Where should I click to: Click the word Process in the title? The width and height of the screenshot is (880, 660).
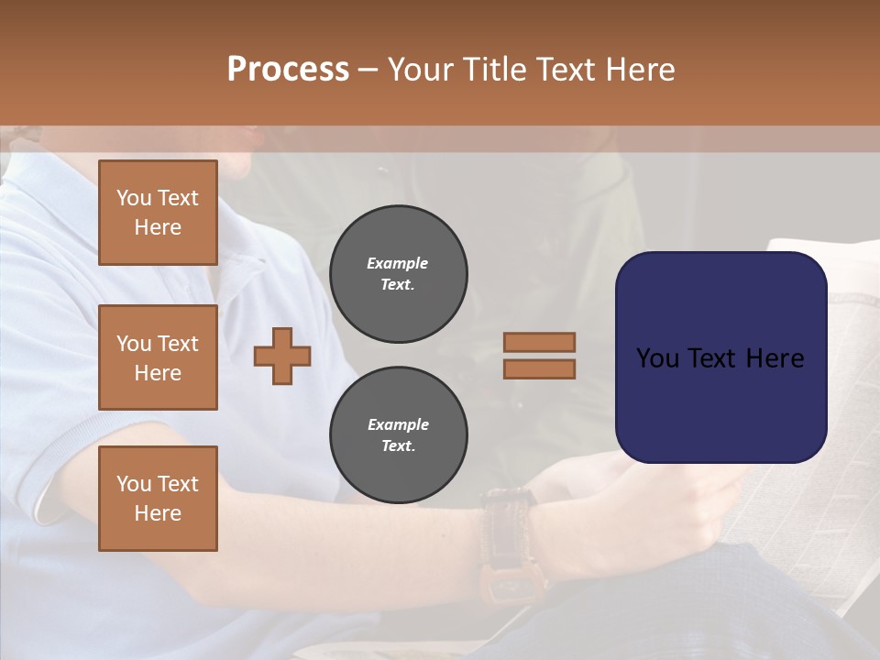pos(288,69)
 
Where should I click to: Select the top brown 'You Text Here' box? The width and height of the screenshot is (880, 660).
pos(158,213)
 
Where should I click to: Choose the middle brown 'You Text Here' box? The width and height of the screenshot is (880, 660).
pos(158,357)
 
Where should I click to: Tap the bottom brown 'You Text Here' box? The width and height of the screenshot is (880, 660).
pos(158,499)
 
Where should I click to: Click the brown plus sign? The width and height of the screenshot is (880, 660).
pos(282,356)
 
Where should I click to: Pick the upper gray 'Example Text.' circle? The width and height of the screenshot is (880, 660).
pos(399,274)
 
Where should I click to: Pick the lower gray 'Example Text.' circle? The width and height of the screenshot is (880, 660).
pos(399,435)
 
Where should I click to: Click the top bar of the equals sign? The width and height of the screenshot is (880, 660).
pos(539,342)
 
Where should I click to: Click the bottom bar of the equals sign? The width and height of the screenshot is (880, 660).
pos(539,368)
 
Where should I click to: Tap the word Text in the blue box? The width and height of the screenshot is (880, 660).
pos(711,357)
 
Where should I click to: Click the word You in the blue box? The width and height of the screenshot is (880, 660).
pos(656,357)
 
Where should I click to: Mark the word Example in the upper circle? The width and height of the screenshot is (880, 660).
pos(398,263)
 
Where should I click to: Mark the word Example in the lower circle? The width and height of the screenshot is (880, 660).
pos(398,424)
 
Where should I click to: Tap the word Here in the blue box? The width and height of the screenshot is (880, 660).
pos(775,357)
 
